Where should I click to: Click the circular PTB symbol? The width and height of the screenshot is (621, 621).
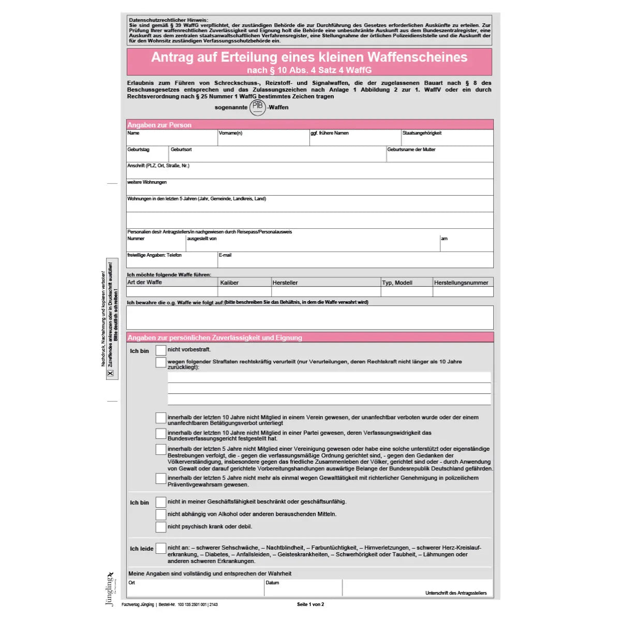(257, 107)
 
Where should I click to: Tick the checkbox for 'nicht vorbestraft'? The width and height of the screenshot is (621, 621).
(161, 350)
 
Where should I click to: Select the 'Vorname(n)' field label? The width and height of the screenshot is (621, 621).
(230, 133)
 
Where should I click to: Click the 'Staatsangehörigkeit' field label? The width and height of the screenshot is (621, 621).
(422, 133)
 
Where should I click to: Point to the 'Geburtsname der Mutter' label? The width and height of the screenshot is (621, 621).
(411, 150)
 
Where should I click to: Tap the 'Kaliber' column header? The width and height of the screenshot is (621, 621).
(229, 283)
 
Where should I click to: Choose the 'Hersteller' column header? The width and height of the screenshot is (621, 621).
(285, 283)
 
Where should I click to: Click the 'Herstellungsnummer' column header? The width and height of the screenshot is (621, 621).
(461, 283)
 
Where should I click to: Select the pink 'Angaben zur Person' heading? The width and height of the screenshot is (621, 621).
(159, 125)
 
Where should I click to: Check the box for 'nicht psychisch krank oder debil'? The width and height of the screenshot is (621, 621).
(161, 527)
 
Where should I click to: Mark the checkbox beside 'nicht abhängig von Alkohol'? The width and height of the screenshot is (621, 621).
(161, 514)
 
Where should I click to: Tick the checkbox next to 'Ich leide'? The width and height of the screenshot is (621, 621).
(161, 548)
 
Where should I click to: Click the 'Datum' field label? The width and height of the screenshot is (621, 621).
(272, 583)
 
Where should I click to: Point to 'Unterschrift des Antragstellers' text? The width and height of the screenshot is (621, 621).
(456, 593)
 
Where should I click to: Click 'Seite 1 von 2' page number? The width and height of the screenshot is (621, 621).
(310, 604)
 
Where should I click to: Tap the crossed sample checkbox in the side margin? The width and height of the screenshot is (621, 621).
(110, 373)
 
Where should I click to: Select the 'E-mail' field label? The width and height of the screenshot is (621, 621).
(225, 255)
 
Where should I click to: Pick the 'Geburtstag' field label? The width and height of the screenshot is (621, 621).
(138, 150)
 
